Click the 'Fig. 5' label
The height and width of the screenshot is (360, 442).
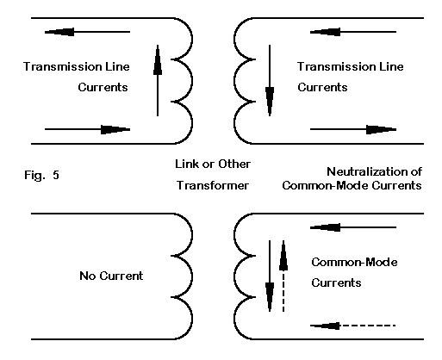click(41, 175)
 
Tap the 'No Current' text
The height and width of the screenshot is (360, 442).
click(111, 276)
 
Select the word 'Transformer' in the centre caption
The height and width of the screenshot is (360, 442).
click(213, 185)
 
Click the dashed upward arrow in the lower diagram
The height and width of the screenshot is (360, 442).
click(283, 276)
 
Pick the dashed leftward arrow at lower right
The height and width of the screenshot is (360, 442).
click(353, 326)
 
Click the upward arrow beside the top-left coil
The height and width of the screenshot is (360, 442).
click(158, 81)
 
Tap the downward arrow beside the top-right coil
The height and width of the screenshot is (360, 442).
click(270, 81)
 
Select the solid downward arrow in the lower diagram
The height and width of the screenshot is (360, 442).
click(270, 276)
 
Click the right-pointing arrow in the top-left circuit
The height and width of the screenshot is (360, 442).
click(87, 129)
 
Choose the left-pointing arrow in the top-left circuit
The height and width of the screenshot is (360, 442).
click(87, 32)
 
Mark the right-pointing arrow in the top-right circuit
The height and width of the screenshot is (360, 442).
click(353, 129)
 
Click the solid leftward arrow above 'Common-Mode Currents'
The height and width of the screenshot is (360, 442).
click(353, 227)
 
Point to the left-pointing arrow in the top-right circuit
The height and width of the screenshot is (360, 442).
click(353, 32)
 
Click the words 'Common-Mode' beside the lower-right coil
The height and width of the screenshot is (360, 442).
click(354, 262)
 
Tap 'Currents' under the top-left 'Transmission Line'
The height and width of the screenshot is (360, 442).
click(103, 87)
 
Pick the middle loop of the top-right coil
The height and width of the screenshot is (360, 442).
click(234, 81)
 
